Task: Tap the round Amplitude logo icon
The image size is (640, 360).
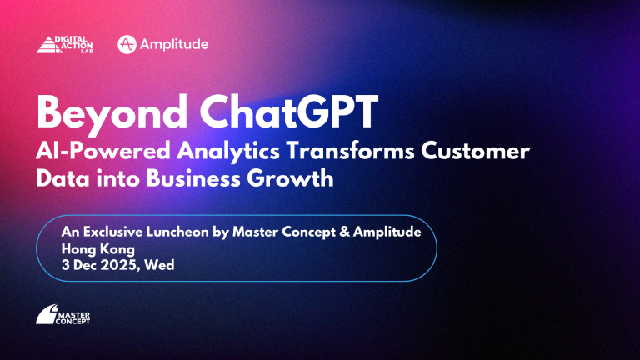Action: pos(127,44)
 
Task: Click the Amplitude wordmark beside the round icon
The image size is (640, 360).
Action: pos(174,44)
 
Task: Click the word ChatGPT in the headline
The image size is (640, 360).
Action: pos(288,112)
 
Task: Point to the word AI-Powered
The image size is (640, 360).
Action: pos(102,152)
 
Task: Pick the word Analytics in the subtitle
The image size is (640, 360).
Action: pos(228,152)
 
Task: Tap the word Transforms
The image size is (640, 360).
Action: pos(350,151)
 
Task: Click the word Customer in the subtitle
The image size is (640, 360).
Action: pos(476,151)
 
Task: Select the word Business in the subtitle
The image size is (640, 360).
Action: pos(193,179)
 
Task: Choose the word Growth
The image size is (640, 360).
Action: pos(290,179)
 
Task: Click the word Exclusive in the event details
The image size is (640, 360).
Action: pos(113,232)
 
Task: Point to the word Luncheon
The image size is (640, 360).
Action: pos(177,232)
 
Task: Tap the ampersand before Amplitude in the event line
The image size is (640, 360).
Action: pos(344,232)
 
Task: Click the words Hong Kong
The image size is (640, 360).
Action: pos(98,249)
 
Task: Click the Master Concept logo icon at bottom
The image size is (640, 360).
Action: pos(47,314)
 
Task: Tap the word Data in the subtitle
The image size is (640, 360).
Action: pos(62,179)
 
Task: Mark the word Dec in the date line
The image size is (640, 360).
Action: pos(84,265)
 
